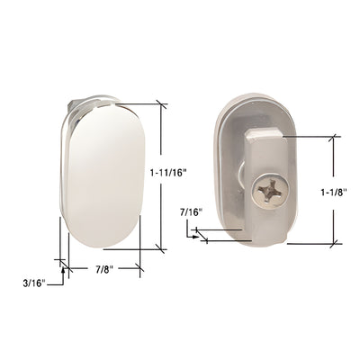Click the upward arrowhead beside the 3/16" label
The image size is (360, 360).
click(x=61, y=265)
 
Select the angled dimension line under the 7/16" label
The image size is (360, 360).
click(x=225, y=239)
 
